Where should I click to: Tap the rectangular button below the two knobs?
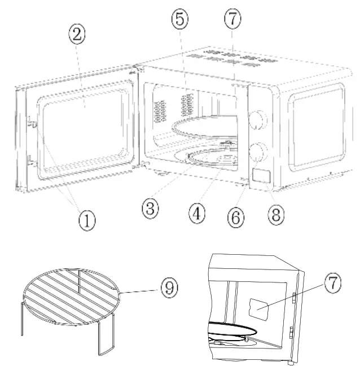(x=261, y=176)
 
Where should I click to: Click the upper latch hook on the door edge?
(x=32, y=121)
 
